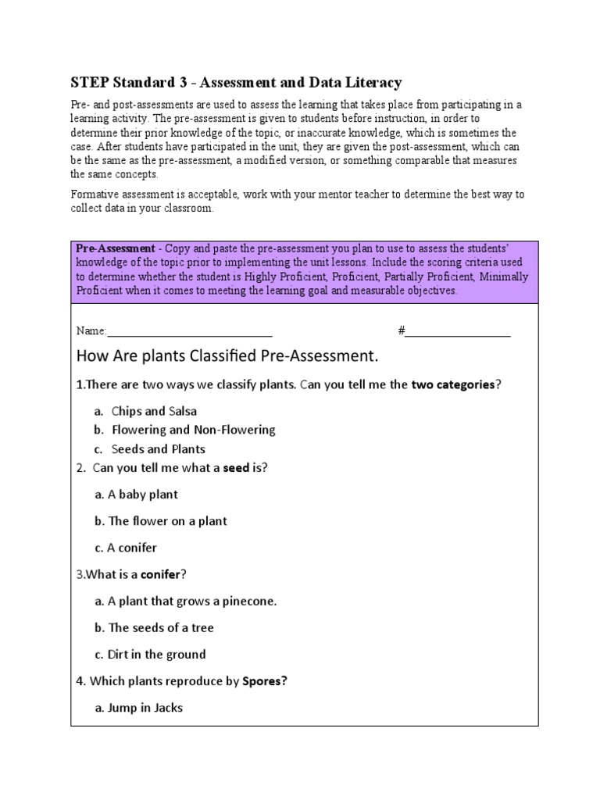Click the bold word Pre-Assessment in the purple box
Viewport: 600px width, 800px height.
[x=115, y=248]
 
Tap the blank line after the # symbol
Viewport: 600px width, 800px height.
[x=458, y=331]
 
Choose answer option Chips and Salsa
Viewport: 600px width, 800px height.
[x=154, y=411]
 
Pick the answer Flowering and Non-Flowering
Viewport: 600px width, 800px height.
[x=193, y=430]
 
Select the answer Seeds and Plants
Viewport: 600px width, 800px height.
[x=158, y=449]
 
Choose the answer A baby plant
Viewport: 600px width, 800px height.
[x=143, y=495]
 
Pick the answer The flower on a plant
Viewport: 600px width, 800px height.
[x=167, y=521]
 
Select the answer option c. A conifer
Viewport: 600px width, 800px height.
[x=132, y=548]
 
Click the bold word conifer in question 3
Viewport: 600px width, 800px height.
[x=160, y=574]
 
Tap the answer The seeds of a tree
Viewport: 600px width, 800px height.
[x=160, y=628]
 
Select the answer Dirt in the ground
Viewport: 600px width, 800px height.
[x=156, y=655]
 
